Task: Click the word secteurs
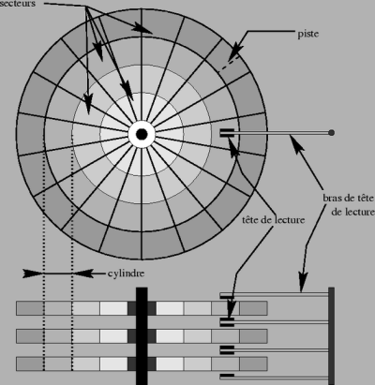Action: pos(18,4)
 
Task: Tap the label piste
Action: pos(308,34)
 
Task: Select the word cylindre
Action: pos(127,274)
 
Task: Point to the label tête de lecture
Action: pos(274,220)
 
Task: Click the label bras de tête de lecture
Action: pos(349,205)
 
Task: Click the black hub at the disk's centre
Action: pos(142,134)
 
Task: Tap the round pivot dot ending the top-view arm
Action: pos(332,133)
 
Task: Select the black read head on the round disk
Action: pos(227,133)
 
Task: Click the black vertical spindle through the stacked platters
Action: pos(142,336)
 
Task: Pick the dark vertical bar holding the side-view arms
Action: pos(332,336)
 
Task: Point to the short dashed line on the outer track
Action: pos(229,65)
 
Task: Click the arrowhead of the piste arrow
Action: pos(236,51)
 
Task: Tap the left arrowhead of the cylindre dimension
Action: pos(32,274)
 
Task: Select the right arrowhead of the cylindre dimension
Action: pos(82,274)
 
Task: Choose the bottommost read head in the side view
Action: pos(227,376)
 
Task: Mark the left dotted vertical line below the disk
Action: pos(44,255)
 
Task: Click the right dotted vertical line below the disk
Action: pos(72,255)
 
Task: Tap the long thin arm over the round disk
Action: pos(281,133)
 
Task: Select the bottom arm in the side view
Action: pos(275,378)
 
